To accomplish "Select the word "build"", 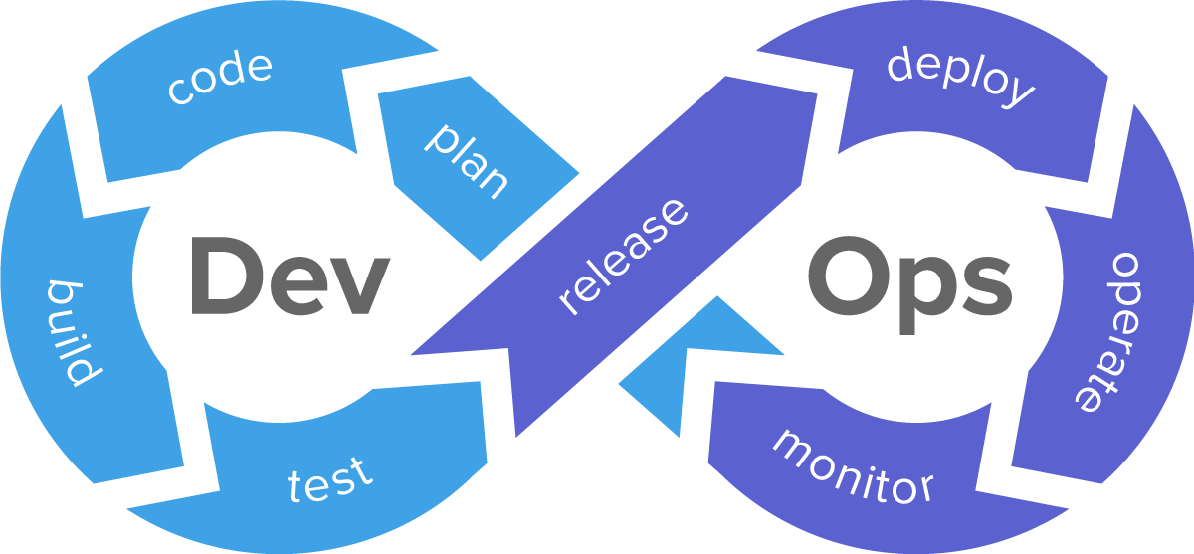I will tap(73, 333).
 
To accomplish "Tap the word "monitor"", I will tap(854, 466).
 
